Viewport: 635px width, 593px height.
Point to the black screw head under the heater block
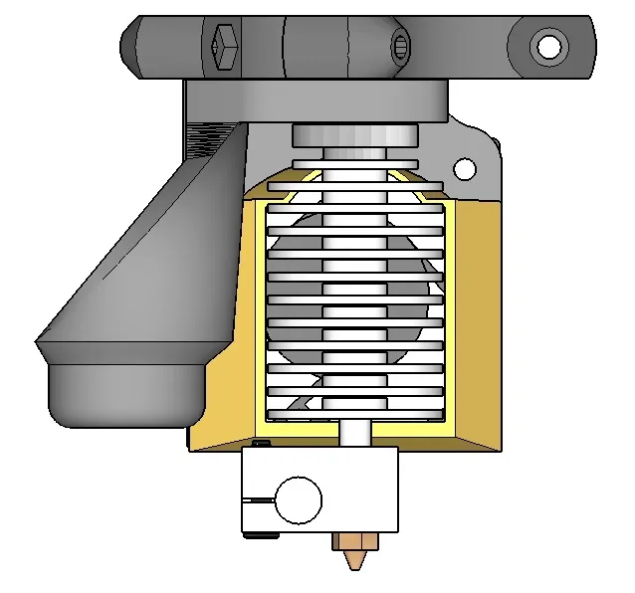(x=261, y=535)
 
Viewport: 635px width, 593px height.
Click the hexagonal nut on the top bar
(x=225, y=47)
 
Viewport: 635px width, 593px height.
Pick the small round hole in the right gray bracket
(x=463, y=168)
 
